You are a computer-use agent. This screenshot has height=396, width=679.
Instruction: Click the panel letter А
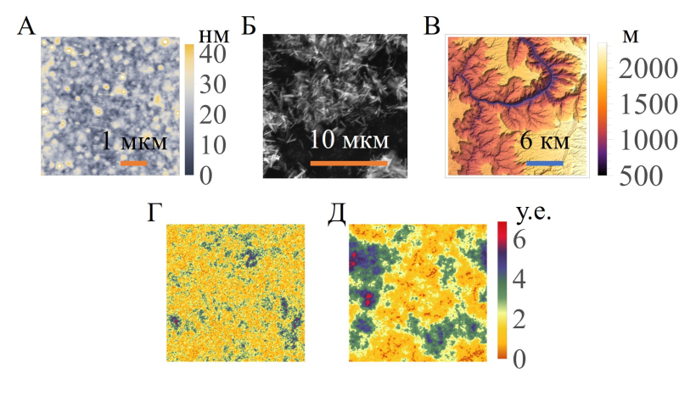[x=26, y=26]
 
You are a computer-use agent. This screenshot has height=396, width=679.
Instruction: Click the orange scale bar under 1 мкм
[x=134, y=162]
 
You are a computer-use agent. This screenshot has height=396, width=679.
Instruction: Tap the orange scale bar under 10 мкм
[x=348, y=162]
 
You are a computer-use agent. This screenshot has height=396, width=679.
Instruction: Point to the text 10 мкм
[x=349, y=140]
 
